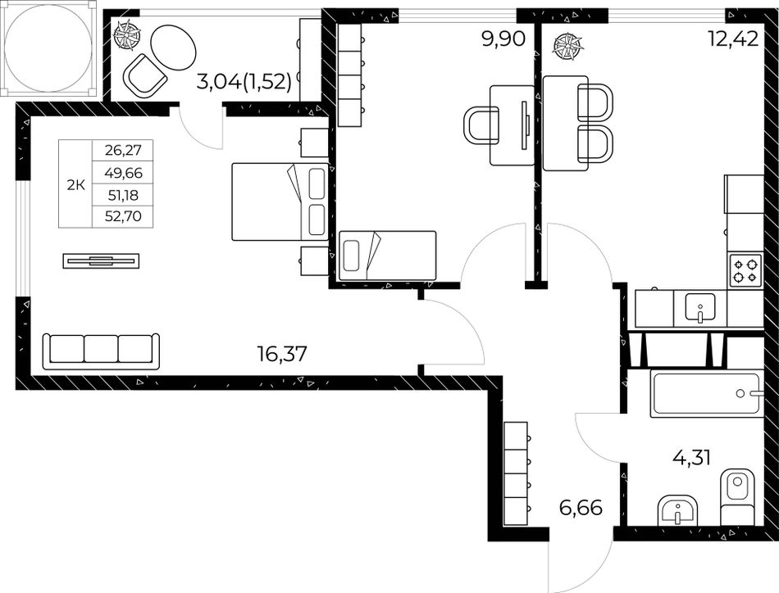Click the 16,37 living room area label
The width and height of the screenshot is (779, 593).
[282, 355]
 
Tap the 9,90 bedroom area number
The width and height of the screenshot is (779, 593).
[503, 38]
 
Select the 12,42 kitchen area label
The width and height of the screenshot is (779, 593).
[734, 38]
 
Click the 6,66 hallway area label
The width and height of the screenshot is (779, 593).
[581, 508]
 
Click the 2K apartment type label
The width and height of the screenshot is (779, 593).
[75, 185]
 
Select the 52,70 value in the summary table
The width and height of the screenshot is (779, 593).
[123, 216]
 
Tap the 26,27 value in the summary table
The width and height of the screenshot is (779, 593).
[123, 149]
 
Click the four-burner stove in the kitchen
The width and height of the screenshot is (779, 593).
[745, 270]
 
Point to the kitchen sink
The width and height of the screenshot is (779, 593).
[700, 306]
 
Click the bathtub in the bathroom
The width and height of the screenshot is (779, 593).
[707, 393]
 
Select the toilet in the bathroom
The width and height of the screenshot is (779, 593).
[738, 496]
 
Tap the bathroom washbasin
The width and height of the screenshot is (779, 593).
[678, 510]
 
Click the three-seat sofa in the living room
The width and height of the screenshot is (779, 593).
[101, 351]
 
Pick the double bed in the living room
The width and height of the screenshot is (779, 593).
[280, 202]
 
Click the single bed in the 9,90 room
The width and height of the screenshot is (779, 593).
[387, 256]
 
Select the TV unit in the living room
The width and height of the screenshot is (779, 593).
[101, 260]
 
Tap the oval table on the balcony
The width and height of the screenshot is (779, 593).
[174, 48]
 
